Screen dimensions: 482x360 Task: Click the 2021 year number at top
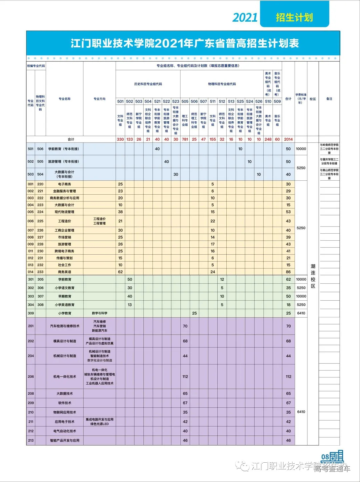(245, 17)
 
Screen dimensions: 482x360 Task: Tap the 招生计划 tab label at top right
(294, 17)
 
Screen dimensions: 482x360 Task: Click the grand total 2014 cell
(288, 139)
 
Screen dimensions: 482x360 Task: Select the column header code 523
(176, 101)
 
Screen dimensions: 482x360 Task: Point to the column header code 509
(277, 101)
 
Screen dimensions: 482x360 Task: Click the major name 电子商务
(65, 184)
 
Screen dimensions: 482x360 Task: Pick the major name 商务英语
(65, 272)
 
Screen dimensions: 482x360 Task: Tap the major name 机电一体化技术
(65, 377)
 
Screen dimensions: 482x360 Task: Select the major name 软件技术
(65, 403)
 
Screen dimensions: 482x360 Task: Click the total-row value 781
(185, 139)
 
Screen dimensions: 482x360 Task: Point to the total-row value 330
(120, 139)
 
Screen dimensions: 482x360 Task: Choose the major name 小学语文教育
(65, 288)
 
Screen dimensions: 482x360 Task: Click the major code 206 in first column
(31, 377)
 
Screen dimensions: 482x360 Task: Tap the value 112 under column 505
(185, 377)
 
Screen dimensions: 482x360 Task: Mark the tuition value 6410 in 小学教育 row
(301, 313)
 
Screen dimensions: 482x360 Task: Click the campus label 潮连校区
(313, 276)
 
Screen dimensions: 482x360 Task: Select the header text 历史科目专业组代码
(148, 84)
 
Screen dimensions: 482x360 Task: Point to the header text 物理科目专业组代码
(222, 84)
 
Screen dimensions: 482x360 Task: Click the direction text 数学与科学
(100, 313)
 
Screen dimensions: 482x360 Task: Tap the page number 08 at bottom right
(325, 457)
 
